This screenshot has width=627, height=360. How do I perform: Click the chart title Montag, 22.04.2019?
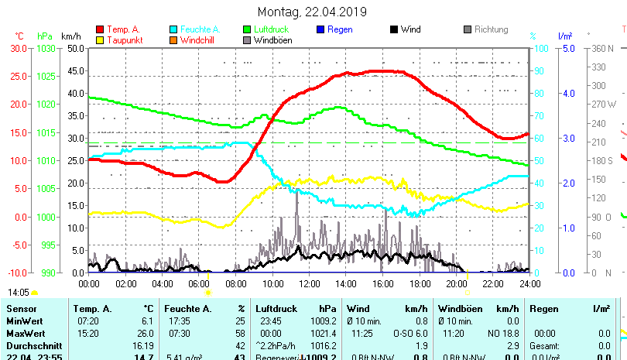(312, 12)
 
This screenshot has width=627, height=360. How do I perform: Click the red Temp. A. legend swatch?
(100, 29)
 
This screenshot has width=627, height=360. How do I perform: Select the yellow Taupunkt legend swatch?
(100, 39)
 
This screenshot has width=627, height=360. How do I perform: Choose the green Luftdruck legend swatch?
(247, 29)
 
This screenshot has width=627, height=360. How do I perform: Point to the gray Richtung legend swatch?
(468, 29)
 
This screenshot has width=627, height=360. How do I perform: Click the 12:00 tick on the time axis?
(309, 284)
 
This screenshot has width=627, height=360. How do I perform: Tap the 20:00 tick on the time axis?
(456, 284)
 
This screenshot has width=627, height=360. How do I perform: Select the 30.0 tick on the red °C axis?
(19, 48)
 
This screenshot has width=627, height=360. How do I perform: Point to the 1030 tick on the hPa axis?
(46, 48)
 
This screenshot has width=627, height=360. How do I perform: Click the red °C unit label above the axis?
(19, 36)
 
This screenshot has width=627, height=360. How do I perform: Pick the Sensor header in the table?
(22, 309)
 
